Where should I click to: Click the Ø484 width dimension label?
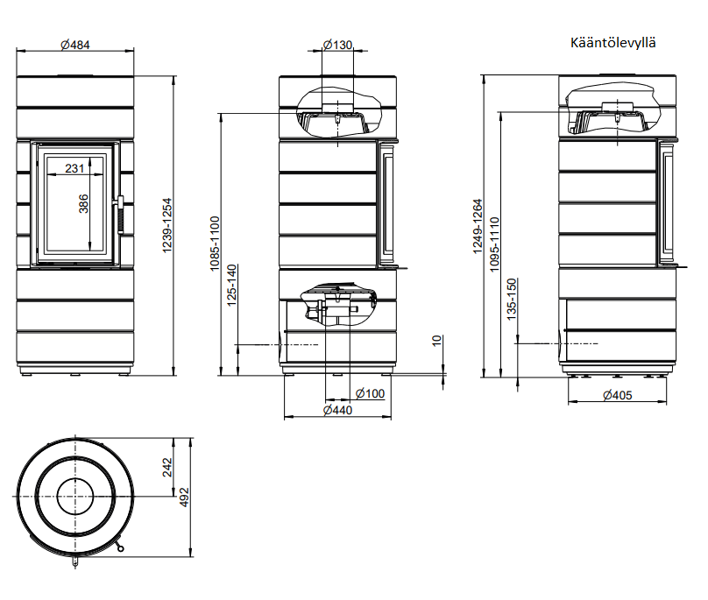coord(75,45)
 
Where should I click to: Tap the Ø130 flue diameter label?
coord(337,45)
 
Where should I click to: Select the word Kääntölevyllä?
coord(612,43)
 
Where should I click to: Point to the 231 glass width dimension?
coord(74,168)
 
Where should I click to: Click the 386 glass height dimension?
coord(83,203)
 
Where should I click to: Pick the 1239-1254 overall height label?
coord(167,225)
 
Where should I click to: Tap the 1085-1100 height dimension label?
coord(215,244)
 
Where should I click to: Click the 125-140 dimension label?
coord(231,286)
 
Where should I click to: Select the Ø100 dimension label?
coord(371,393)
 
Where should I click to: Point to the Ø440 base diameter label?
coord(337,410)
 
